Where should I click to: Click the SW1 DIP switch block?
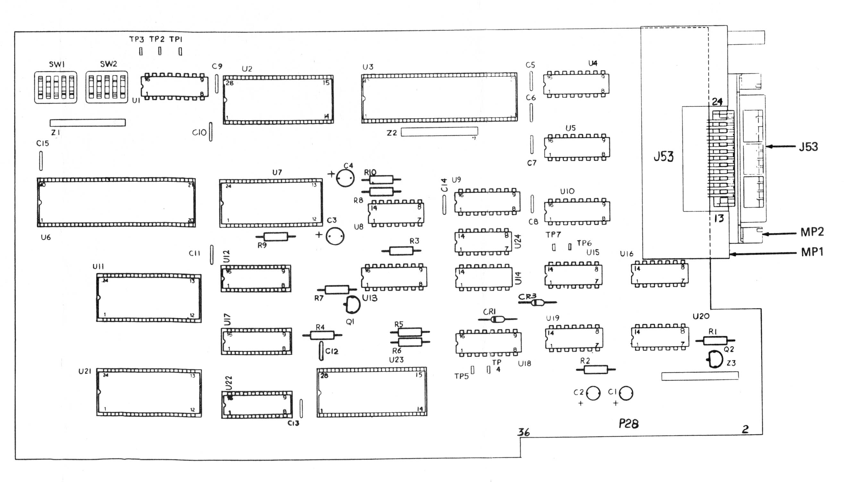pos(56,87)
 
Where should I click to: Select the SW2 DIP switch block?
pos(107,87)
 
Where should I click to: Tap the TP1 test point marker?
pos(180,51)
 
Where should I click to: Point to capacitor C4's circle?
pos(345,178)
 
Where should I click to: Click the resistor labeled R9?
pos(275,237)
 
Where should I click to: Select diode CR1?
pos(498,320)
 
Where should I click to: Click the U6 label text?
pos(46,237)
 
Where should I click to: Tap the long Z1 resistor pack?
pos(88,122)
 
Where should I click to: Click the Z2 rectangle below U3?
pos(439,131)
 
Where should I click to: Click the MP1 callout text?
pos(812,252)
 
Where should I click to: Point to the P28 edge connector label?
pos(629,423)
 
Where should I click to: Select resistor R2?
pos(595,370)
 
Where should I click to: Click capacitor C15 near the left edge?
pos(41,161)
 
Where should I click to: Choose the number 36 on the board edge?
pos(524,432)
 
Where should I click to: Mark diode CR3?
pos(537,302)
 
